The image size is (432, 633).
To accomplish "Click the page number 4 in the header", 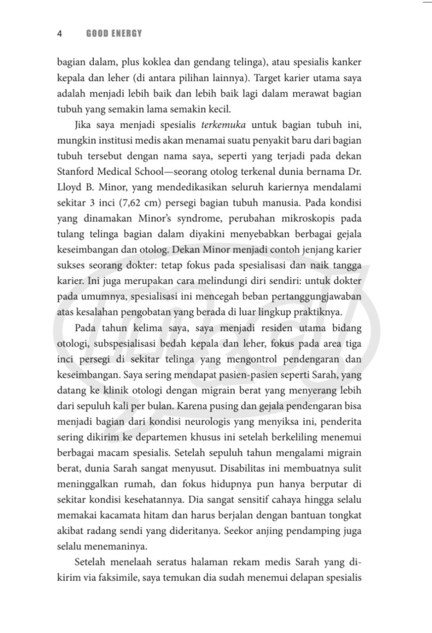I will coord(59,34).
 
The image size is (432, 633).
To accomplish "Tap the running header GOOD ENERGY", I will coord(114,34).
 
